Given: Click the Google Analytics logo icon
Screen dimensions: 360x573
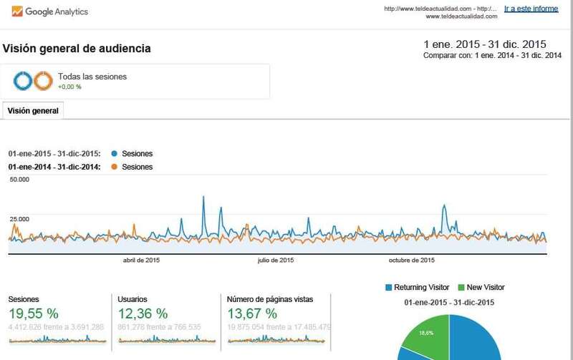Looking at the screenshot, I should click(x=16, y=12).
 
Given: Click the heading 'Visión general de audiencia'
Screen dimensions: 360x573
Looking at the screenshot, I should click(x=77, y=49).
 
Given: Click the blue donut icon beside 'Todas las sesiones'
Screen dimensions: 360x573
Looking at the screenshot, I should click(x=23, y=82).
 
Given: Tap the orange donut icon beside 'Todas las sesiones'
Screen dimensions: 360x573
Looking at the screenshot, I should click(x=43, y=82).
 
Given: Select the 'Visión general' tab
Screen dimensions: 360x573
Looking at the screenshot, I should click(x=33, y=111).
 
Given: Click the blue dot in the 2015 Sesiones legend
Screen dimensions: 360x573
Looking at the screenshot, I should click(x=115, y=154).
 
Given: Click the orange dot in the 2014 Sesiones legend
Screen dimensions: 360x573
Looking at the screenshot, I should click(x=115, y=167).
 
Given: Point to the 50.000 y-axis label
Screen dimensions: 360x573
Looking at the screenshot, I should click(x=19, y=180).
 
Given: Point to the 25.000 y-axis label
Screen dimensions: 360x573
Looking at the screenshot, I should click(x=19, y=218).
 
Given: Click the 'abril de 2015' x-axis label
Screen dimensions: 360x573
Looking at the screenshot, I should click(x=142, y=261).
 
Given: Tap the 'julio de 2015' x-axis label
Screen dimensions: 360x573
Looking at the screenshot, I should click(x=276, y=261).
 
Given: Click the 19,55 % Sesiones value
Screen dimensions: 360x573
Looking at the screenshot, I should click(x=34, y=313).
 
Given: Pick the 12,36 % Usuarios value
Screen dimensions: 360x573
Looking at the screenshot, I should click(x=143, y=313).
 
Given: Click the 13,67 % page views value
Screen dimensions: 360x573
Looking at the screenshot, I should click(x=251, y=313).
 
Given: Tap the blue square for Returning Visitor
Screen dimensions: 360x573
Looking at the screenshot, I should click(x=389, y=288).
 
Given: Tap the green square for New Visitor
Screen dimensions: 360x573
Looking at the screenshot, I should click(x=461, y=288).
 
